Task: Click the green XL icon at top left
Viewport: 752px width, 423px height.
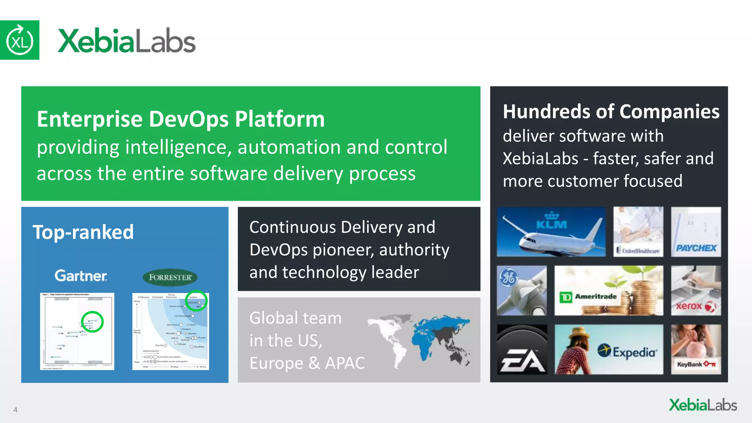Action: tap(19, 40)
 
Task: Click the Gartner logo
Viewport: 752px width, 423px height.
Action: tap(81, 276)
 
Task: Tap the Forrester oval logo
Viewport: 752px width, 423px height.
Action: tap(170, 278)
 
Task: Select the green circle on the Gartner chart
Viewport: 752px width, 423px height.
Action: tap(92, 322)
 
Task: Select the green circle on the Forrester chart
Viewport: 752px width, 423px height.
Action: tap(196, 301)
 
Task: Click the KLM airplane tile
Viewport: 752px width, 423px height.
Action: tap(551, 232)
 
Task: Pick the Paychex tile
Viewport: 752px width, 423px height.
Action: tap(696, 232)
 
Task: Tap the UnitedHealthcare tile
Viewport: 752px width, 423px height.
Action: tap(638, 232)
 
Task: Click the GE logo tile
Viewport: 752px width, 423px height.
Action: tap(522, 290)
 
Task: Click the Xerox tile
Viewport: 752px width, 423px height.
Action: tap(696, 290)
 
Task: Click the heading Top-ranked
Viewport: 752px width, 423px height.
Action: tap(83, 232)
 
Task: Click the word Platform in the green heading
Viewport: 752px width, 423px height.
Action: tap(280, 119)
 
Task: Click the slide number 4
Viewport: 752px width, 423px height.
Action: tap(15, 410)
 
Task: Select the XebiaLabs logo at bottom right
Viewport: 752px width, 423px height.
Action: tap(703, 405)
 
